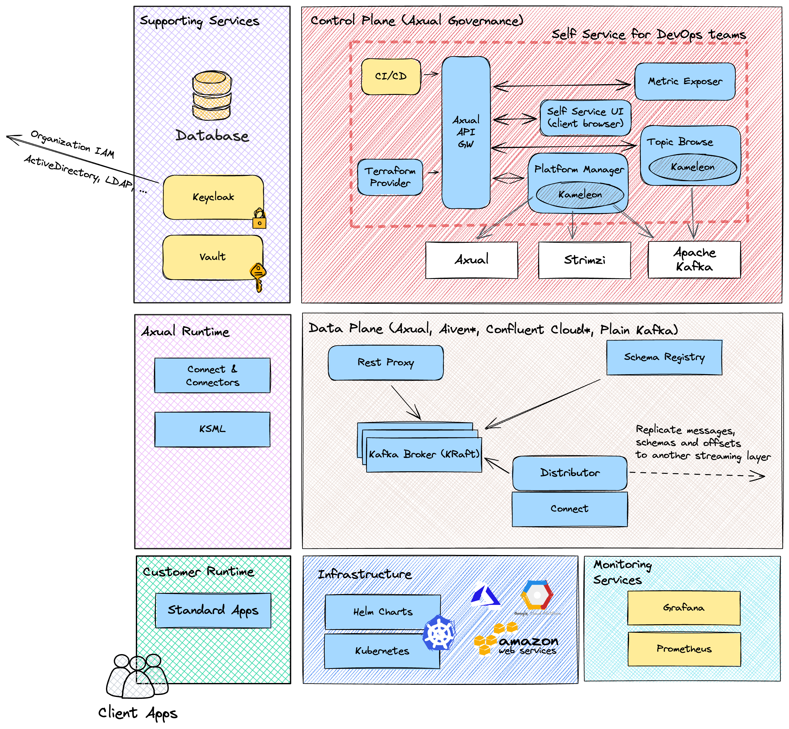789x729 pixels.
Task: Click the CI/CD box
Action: point(391,76)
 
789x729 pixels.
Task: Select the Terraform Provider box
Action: point(390,177)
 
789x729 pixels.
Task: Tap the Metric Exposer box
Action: point(685,81)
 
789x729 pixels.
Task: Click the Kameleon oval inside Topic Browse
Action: point(693,167)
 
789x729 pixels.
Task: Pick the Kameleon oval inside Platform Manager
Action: point(580,195)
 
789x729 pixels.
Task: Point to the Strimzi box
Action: point(585,260)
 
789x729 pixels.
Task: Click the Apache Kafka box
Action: point(694,260)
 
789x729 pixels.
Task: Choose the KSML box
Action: point(212,429)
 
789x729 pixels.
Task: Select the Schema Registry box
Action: point(664,357)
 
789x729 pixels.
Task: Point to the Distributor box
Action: point(570,473)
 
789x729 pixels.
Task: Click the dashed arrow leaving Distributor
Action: point(697,474)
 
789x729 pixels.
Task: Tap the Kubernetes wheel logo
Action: point(439,633)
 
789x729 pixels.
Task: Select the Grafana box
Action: point(684,608)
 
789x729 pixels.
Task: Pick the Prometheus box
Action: point(684,649)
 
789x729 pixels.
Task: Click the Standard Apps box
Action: point(213,610)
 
